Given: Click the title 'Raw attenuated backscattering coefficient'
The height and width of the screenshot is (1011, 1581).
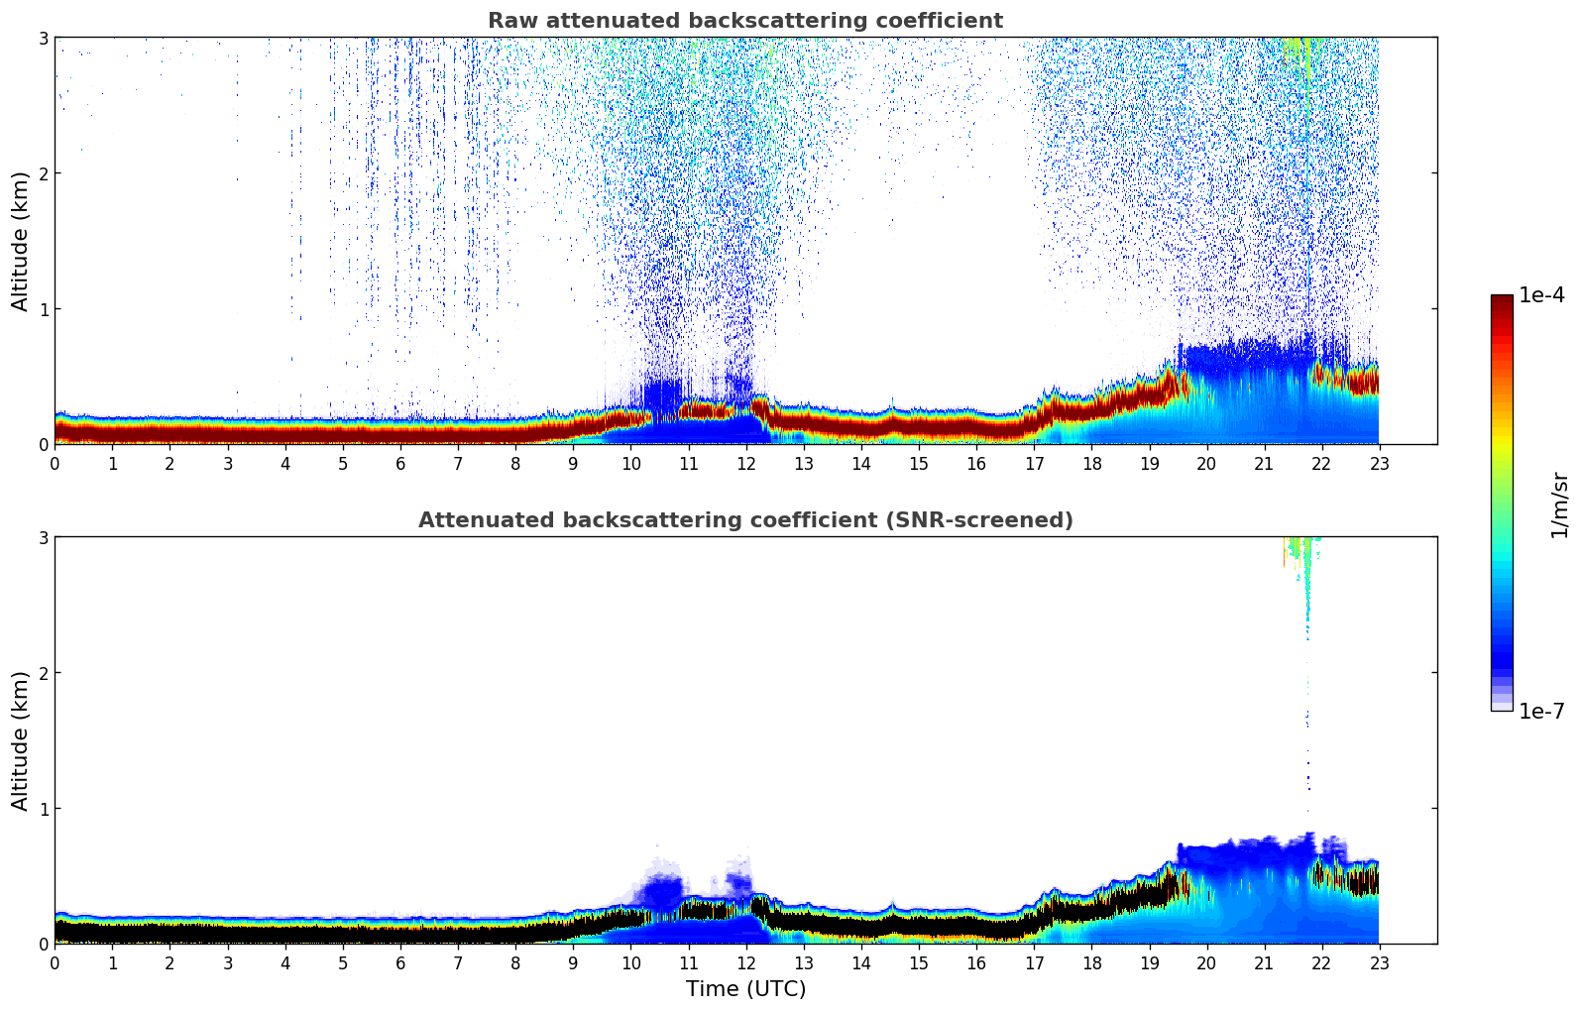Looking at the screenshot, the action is [x=745, y=21].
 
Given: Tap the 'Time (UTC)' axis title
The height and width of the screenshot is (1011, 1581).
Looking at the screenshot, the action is [x=745, y=988].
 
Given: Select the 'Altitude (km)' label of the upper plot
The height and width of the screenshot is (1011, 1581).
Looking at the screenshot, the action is [x=20, y=241].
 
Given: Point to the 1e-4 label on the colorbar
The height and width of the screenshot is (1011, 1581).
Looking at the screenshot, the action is [x=1541, y=294].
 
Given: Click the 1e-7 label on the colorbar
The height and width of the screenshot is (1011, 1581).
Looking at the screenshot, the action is [x=1541, y=711].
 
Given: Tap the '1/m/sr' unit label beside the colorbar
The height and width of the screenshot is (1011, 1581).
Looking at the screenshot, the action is [x=1559, y=505].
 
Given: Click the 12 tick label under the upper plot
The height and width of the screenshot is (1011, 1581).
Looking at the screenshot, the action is [x=746, y=464].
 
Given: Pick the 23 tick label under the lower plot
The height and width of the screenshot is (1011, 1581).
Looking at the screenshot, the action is [x=1379, y=963].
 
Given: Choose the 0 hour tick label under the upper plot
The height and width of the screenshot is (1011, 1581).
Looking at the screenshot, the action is [x=56, y=464].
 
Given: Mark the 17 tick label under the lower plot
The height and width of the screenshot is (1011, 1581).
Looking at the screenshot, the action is [x=1034, y=963].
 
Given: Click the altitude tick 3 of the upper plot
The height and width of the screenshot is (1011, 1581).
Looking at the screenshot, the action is [x=43, y=38].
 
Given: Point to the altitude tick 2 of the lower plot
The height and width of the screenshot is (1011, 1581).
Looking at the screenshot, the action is [x=43, y=673].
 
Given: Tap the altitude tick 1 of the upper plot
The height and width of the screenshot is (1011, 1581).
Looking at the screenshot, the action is [x=43, y=308].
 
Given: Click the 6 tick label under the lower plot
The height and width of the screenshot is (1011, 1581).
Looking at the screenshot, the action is [x=400, y=963].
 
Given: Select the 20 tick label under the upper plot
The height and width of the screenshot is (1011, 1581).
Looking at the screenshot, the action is [x=1206, y=464].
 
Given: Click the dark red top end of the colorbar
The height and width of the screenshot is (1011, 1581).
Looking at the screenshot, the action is [x=1502, y=300].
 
